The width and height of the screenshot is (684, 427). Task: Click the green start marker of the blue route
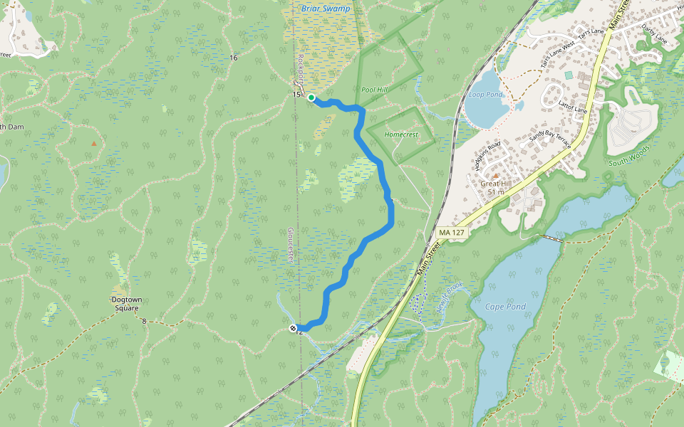(311, 97)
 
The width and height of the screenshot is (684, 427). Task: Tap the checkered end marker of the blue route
(294, 327)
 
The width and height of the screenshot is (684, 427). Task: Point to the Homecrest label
(400, 134)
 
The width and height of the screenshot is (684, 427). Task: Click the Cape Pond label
(505, 307)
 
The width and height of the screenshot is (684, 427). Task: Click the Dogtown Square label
(126, 304)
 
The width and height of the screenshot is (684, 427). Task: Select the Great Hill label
(496, 187)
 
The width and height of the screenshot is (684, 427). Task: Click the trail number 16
(234, 57)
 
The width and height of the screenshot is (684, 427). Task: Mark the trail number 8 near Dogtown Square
(144, 322)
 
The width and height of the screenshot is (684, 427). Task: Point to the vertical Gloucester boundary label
(291, 246)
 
